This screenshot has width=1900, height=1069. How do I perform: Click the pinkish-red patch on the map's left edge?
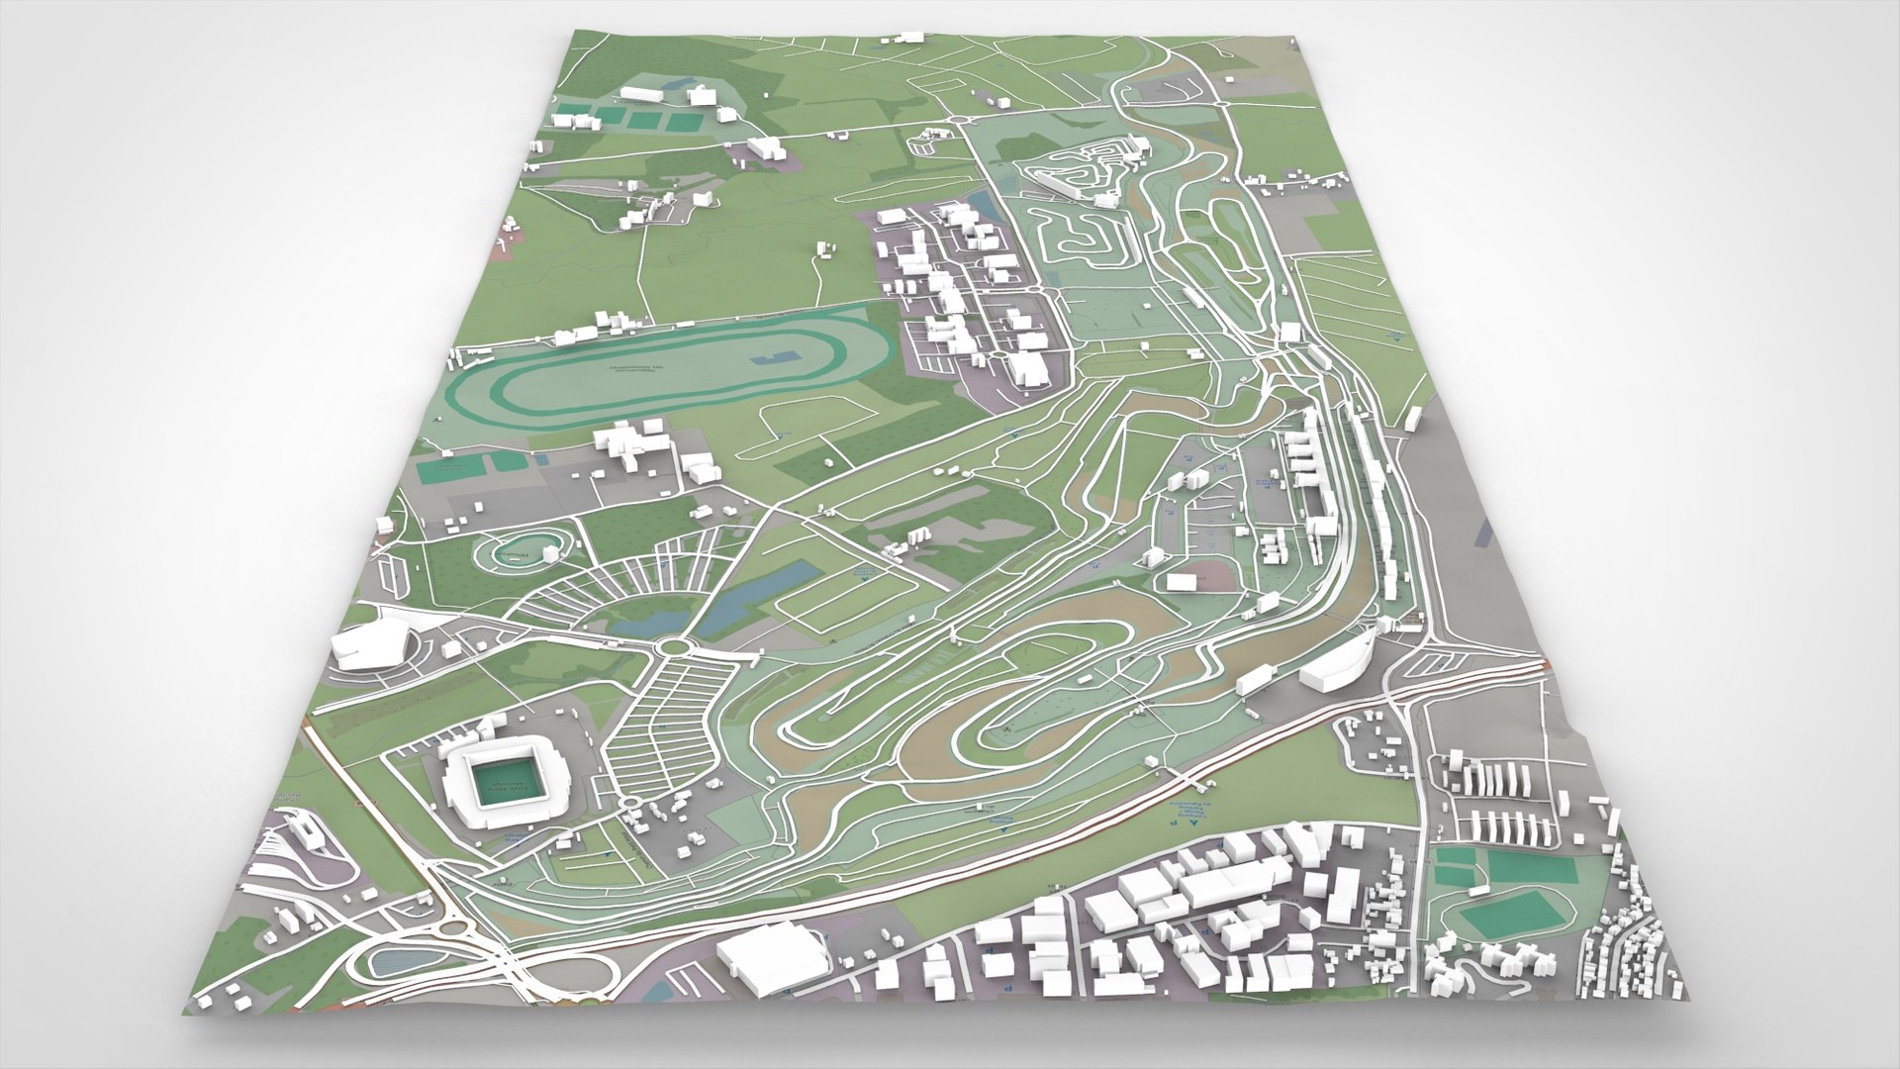(x=501, y=248)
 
